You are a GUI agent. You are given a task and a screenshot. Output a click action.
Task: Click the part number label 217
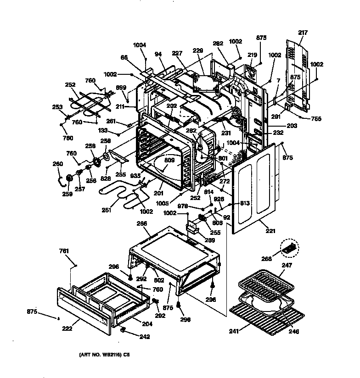pyautogui.click(x=303, y=33)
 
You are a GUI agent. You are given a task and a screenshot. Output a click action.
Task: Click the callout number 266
pyautogui.click(x=142, y=224)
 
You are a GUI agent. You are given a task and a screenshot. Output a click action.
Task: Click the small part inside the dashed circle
pyautogui.click(x=288, y=248)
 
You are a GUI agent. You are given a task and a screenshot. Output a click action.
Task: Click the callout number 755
pyautogui.click(x=316, y=119)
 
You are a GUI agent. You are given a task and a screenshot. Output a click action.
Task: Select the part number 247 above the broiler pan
pyautogui.click(x=287, y=265)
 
